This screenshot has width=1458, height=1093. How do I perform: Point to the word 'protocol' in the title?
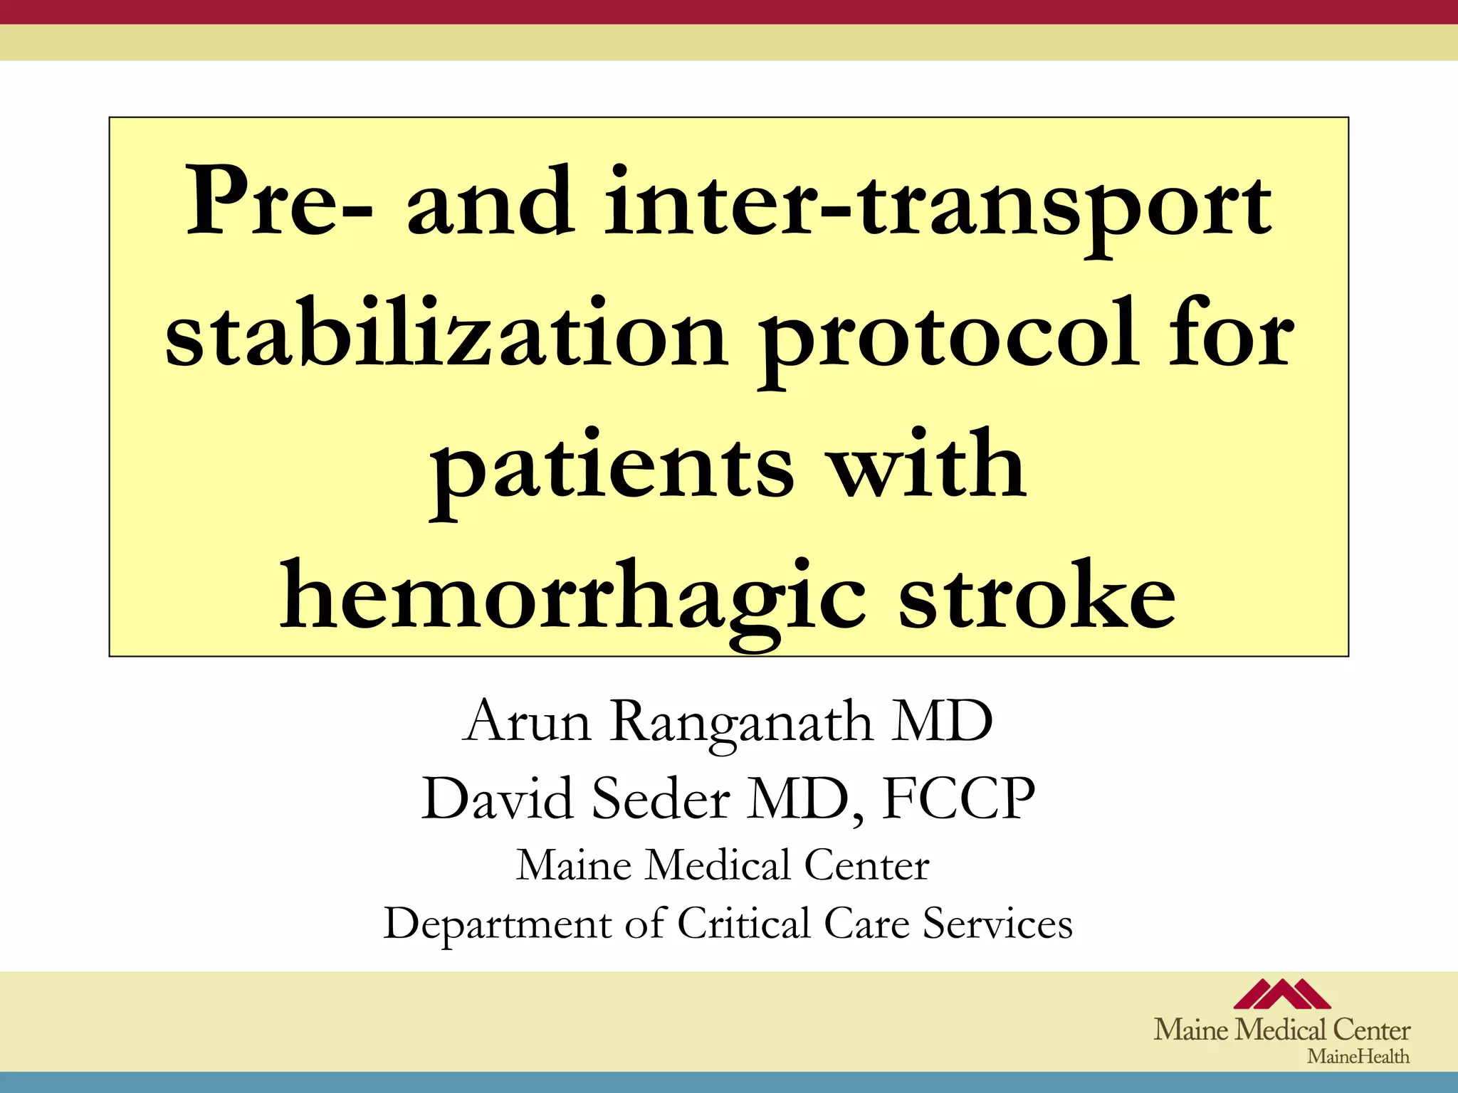click(947, 338)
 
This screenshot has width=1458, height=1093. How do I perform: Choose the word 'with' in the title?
click(929, 463)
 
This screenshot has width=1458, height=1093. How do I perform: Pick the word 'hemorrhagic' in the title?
click(573, 598)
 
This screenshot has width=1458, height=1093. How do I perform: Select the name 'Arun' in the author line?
click(528, 722)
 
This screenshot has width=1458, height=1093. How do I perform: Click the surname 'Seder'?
click(661, 798)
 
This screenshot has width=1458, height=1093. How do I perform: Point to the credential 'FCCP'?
click(958, 798)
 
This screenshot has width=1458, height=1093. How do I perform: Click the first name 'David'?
click(498, 798)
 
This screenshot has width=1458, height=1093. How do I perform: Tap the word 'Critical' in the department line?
click(743, 923)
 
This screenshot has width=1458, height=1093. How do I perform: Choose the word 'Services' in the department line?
click(997, 923)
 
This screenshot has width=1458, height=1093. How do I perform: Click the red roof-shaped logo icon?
click(1281, 994)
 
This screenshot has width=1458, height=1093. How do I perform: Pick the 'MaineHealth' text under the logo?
click(1358, 1056)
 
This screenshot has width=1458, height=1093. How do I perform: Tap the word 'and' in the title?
click(491, 202)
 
